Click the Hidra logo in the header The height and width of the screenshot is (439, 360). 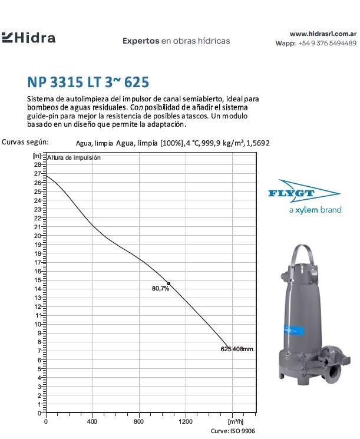coord(29,39)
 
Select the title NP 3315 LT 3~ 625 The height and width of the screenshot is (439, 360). coord(84,81)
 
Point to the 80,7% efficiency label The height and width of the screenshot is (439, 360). coord(160,289)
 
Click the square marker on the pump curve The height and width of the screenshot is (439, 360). coord(169,284)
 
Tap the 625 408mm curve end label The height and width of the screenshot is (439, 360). coord(237,349)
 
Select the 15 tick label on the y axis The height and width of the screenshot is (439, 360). coord(38,280)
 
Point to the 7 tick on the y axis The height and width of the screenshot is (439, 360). coord(39,351)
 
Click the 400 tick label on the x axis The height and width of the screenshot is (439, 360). coord(93,422)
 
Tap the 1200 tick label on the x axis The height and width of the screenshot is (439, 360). coord(185,422)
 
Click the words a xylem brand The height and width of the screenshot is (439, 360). coord(315,210)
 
